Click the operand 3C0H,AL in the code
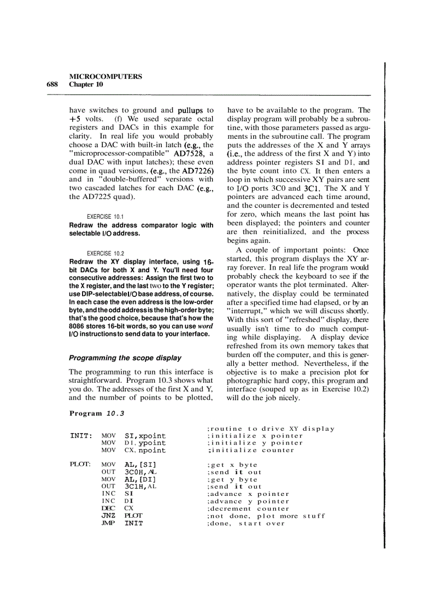click(x=140, y=472)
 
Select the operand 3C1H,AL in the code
click(x=140, y=487)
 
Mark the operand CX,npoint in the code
click(x=145, y=451)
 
